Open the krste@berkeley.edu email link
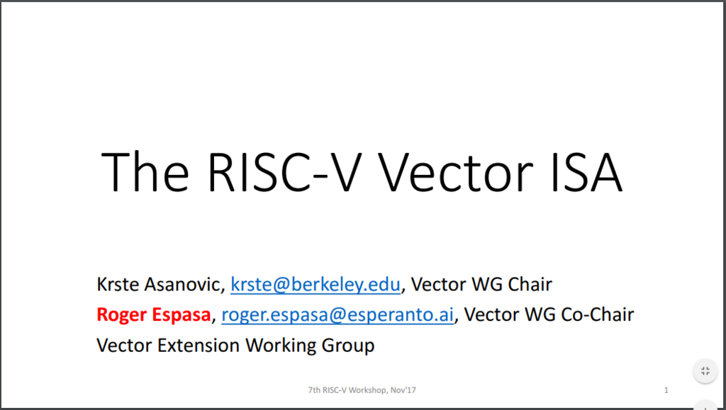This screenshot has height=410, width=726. pos(316,285)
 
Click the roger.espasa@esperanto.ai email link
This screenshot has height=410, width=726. pos(337,315)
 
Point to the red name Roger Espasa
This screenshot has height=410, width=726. pos(154,315)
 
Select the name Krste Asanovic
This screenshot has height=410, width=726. pos(160,285)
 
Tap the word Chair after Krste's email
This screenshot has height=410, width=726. pos(528,285)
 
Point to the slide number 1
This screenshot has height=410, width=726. pos(666,389)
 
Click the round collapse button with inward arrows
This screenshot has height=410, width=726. pos(705,371)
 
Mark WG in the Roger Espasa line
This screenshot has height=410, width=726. pos(536,315)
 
